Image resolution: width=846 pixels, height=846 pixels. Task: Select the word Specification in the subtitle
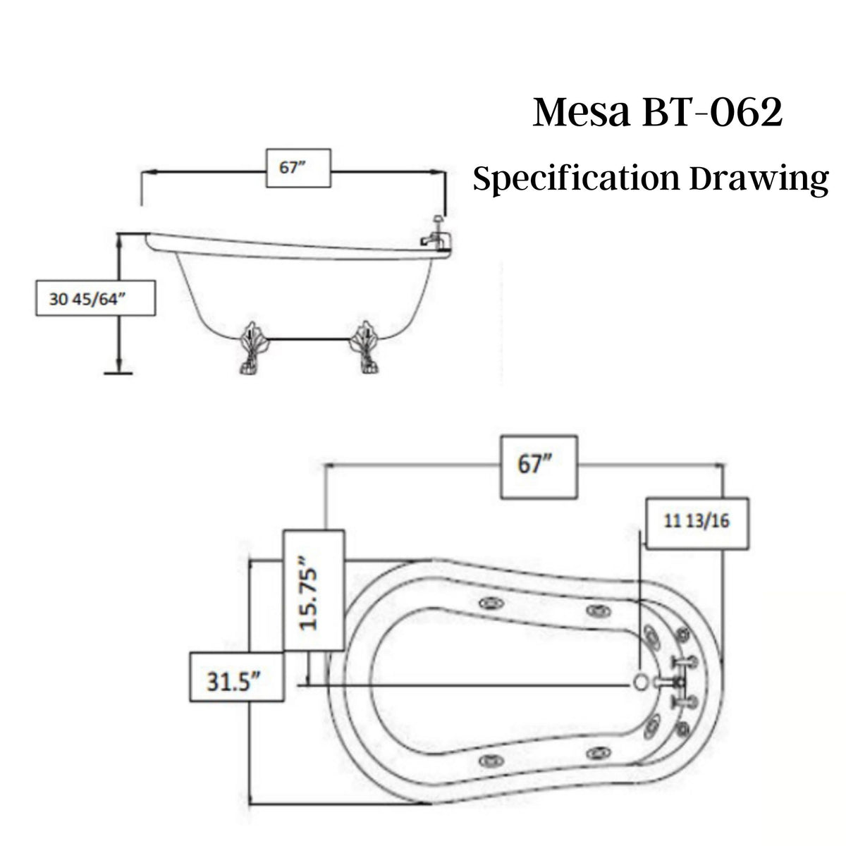pyautogui.click(x=575, y=179)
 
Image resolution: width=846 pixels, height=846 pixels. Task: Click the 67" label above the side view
pyautogui.click(x=297, y=169)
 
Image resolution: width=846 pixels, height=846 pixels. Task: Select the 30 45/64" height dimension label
pyautogui.click(x=95, y=298)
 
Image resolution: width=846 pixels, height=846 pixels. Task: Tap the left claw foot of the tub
pyautogui.click(x=250, y=349)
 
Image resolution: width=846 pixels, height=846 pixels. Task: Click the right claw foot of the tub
pyautogui.click(x=367, y=349)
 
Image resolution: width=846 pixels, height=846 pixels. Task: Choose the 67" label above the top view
pyautogui.click(x=538, y=467)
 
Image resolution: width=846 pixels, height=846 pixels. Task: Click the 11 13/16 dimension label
pyautogui.click(x=697, y=522)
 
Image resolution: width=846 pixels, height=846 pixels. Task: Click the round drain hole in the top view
pyautogui.click(x=640, y=682)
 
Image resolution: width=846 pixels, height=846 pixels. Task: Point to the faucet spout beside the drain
pyautogui.click(x=666, y=682)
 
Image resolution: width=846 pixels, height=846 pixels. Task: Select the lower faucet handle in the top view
pyautogui.click(x=682, y=703)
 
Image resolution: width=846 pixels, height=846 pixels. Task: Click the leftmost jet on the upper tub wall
pyautogui.click(x=489, y=603)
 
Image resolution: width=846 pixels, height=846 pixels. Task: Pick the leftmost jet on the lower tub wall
pyautogui.click(x=489, y=760)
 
